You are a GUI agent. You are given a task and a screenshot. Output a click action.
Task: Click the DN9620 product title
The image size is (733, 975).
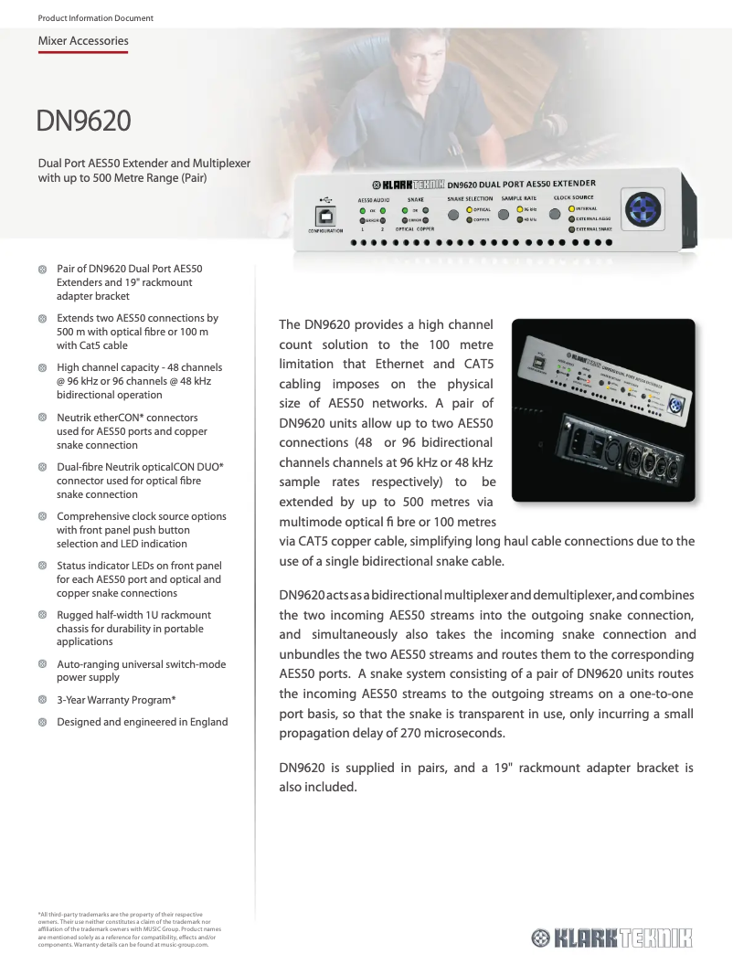(83, 120)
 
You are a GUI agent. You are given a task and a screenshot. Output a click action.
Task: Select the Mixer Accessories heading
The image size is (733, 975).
(83, 41)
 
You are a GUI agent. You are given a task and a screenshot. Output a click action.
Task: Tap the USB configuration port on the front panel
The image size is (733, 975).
(324, 216)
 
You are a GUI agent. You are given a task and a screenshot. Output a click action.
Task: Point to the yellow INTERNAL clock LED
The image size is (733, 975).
(572, 208)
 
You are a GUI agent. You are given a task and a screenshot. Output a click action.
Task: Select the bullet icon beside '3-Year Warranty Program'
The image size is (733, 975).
(42, 700)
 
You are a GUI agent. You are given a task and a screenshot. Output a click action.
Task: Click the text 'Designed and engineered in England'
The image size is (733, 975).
(142, 722)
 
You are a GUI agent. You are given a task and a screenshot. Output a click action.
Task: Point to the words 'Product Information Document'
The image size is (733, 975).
(95, 18)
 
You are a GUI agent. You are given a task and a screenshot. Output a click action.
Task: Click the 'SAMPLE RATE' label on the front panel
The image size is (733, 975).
(519, 197)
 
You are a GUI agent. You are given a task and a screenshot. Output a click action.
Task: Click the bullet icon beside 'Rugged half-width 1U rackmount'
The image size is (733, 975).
(42, 615)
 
